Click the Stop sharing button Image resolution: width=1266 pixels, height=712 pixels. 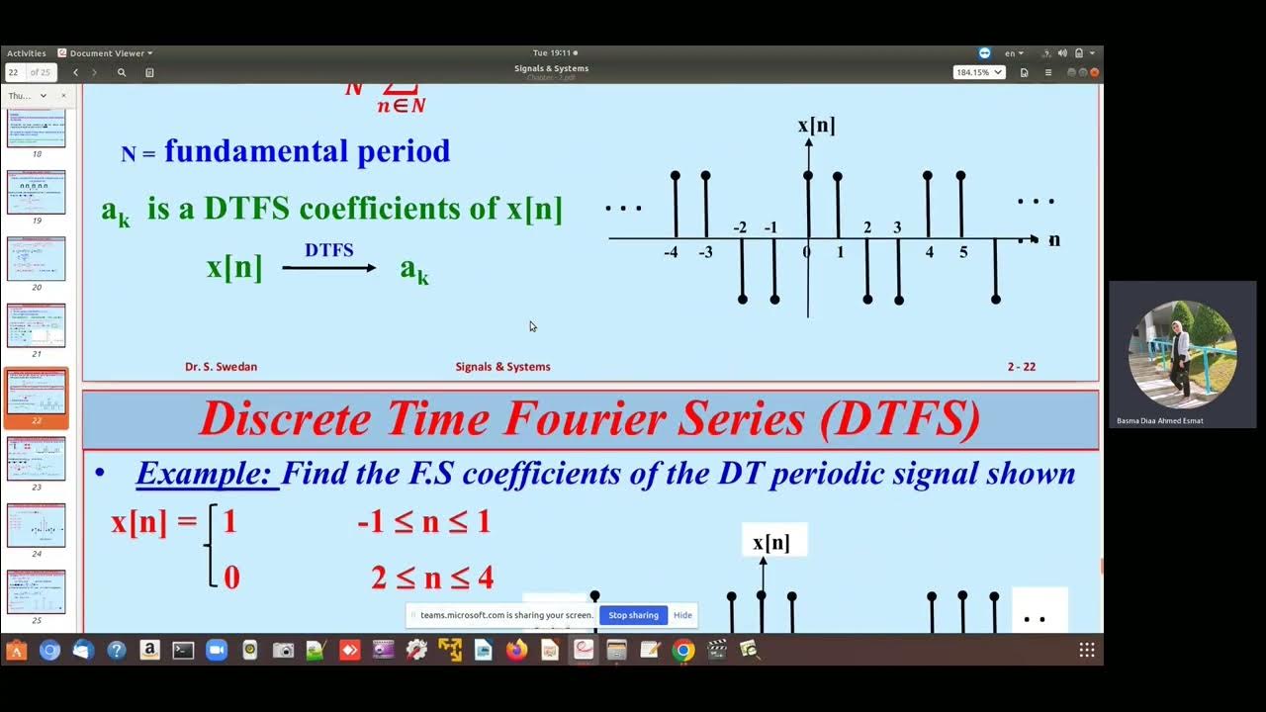633,615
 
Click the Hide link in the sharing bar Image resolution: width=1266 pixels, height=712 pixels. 682,615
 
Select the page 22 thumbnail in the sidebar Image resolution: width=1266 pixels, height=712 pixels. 37,393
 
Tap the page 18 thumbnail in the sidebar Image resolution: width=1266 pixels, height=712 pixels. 37,129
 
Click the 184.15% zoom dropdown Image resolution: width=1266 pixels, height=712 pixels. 978,72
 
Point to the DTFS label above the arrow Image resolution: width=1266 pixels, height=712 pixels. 328,251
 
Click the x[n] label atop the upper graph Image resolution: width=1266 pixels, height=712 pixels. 816,126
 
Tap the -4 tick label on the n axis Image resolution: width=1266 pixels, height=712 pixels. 671,253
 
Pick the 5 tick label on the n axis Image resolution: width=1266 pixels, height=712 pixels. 963,253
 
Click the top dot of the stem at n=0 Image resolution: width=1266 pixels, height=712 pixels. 808,175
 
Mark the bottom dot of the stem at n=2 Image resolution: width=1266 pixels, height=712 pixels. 867,299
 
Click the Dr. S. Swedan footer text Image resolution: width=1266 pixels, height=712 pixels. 221,367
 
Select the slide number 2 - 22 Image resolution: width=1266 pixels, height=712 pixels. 1021,367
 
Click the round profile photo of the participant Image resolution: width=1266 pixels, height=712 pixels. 1182,354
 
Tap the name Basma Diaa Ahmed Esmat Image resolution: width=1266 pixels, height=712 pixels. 1159,421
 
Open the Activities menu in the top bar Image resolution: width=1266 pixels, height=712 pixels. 26,53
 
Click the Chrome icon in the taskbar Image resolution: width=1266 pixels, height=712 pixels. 682,650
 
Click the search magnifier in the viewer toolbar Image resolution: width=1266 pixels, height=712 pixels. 122,72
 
